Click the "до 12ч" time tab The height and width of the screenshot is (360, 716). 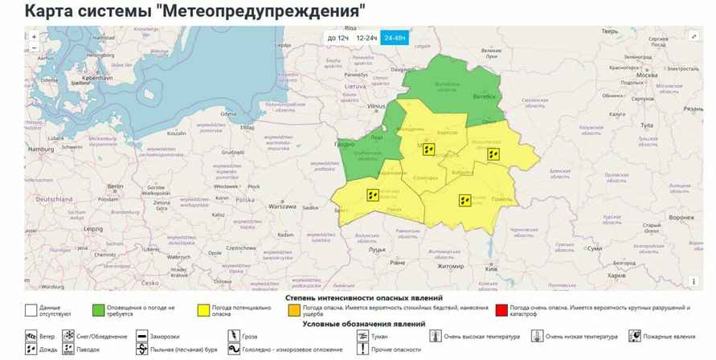pyautogui.click(x=338, y=38)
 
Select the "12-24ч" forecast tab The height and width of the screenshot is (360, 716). pyautogui.click(x=366, y=38)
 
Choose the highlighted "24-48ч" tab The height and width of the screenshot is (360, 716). pyautogui.click(x=395, y=38)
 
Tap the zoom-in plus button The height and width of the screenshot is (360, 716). pyautogui.click(x=34, y=37)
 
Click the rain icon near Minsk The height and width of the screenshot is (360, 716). pyautogui.click(x=428, y=149)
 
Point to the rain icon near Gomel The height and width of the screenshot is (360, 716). pyautogui.click(x=464, y=200)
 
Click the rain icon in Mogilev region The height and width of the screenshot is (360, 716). pyautogui.click(x=495, y=153)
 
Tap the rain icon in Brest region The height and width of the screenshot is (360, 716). pyautogui.click(x=373, y=194)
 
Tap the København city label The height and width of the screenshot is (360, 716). pyautogui.click(x=96, y=78)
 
